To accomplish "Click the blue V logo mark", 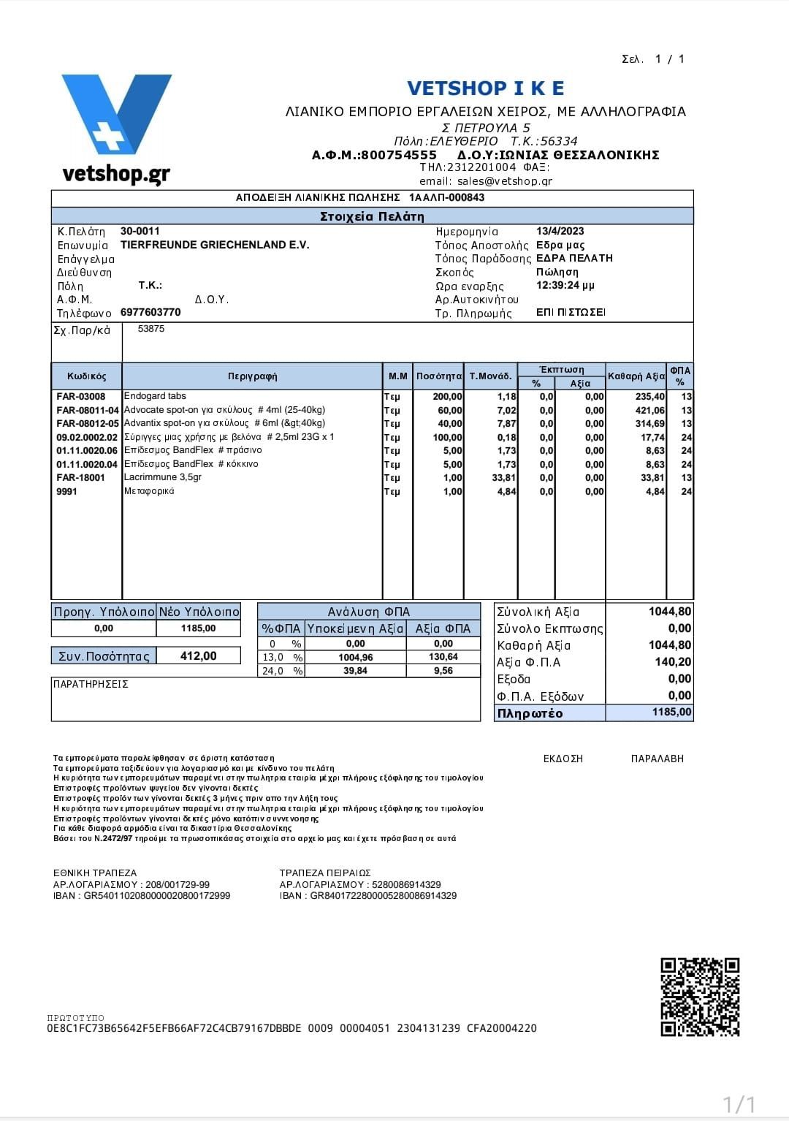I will [116, 113].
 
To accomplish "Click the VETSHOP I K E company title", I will [485, 88].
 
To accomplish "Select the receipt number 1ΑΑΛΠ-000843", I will [446, 197].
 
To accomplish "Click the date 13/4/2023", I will [560, 231].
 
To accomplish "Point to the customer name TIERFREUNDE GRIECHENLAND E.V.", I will [215, 245].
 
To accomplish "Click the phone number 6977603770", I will [150, 312].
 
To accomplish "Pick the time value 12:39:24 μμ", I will [565, 285].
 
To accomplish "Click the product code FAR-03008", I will [80, 397].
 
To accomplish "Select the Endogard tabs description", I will [155, 396].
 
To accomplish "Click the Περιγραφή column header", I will [252, 376].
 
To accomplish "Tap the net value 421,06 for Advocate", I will [649, 410].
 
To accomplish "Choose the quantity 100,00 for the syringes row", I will [447, 437].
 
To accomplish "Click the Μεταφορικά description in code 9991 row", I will [149, 491].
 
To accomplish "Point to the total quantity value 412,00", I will [198, 655].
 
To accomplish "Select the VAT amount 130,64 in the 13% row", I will [443, 657].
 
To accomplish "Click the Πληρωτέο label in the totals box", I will [530, 713].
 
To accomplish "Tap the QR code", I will [699, 997].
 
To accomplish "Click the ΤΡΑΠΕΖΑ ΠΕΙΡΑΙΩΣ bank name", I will [325, 873].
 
